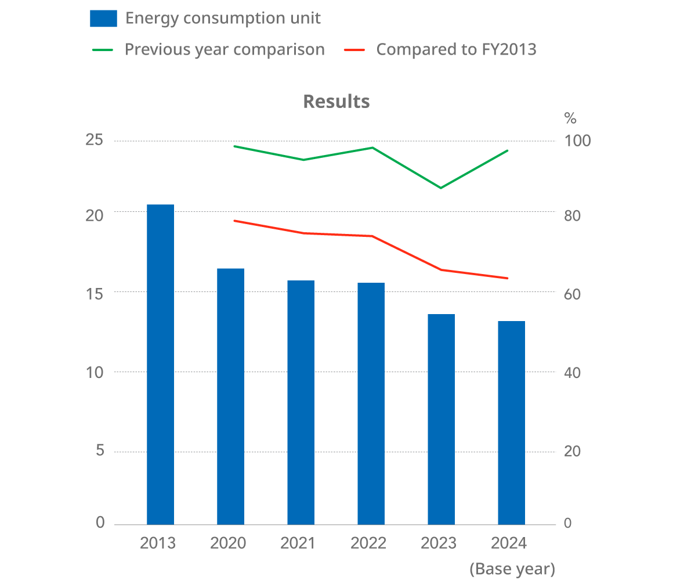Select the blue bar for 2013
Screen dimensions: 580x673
click(160, 365)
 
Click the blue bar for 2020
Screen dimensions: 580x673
click(230, 397)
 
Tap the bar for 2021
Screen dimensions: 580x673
click(301, 402)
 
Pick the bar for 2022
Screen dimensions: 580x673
click(371, 404)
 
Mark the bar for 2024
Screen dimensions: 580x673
click(511, 423)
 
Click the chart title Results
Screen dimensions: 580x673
click(336, 101)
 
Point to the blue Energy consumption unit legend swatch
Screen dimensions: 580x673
click(103, 19)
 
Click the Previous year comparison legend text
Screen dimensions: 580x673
click(225, 49)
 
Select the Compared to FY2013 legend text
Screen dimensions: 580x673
click(456, 49)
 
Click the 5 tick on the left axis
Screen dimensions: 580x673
click(100, 451)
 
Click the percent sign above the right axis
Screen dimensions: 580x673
click(570, 118)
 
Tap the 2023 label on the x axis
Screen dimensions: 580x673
click(438, 543)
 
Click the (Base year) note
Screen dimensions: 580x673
click(512, 569)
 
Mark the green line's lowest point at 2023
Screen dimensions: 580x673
click(441, 188)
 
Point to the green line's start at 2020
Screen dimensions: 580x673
click(234, 146)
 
